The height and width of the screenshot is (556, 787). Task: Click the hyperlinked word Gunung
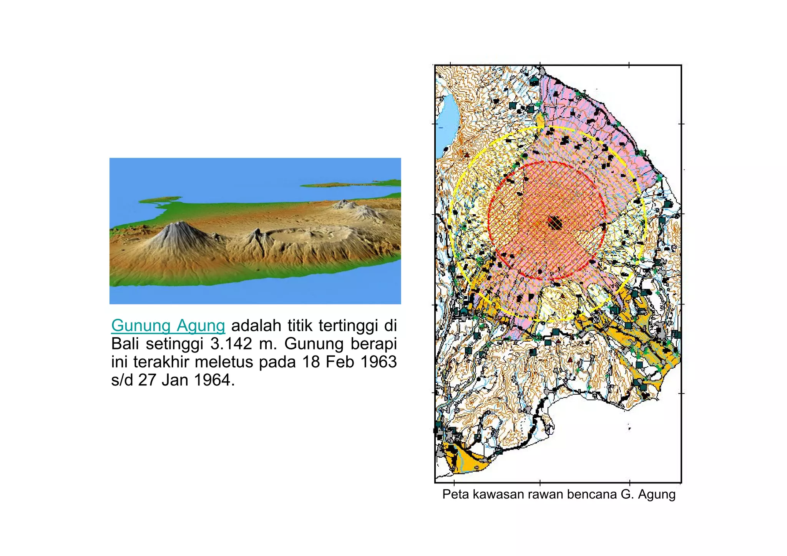click(141, 326)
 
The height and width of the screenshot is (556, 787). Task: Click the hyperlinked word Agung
click(201, 326)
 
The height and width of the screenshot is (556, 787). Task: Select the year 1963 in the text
click(379, 362)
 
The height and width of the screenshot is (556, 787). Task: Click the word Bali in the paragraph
click(125, 344)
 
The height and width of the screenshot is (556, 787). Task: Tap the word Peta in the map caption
click(455, 494)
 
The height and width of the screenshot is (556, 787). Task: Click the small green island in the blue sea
click(159, 200)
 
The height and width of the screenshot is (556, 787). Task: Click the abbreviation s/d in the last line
click(123, 380)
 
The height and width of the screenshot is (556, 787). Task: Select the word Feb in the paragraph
click(340, 362)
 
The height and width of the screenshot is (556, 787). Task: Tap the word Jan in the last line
click(175, 380)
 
